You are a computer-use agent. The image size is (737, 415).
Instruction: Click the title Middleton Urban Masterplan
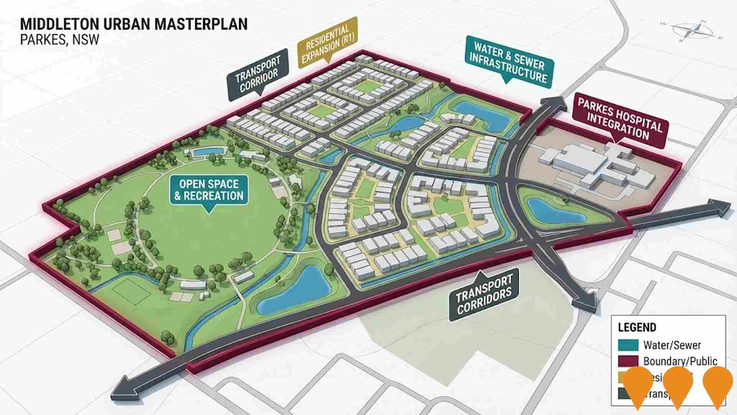tap(134, 24)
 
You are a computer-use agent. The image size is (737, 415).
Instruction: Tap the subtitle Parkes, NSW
tap(59, 40)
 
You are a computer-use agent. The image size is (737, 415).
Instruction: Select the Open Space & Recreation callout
tap(209, 190)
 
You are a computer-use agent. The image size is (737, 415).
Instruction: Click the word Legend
tap(637, 327)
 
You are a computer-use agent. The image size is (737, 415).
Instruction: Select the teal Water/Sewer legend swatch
tap(628, 345)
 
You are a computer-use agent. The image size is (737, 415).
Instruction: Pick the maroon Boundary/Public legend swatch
tap(628, 361)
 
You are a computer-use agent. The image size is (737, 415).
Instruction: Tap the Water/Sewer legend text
tap(672, 345)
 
